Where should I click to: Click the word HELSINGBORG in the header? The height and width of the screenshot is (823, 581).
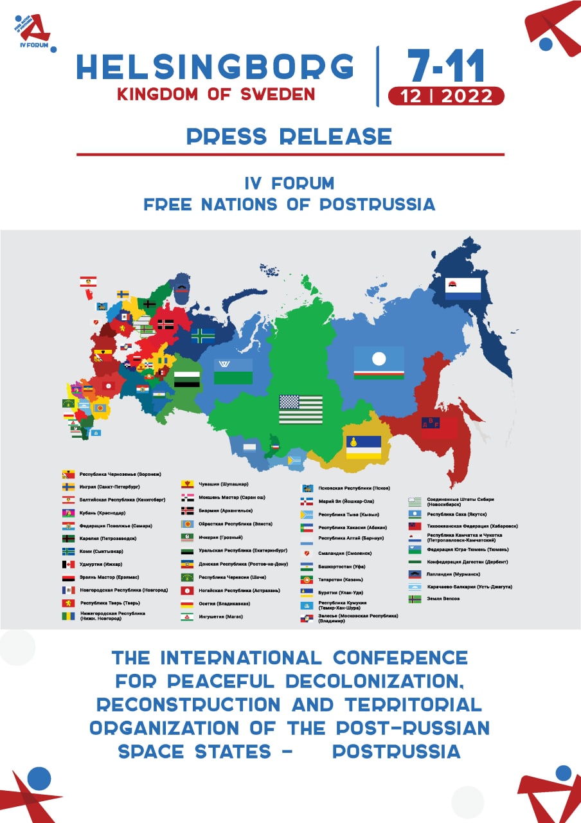(x=215, y=67)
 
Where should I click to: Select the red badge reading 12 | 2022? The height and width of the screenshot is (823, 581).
(x=446, y=96)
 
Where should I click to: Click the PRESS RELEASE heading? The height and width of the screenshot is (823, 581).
(x=289, y=136)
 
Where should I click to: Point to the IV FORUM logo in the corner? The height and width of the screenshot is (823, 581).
(x=33, y=32)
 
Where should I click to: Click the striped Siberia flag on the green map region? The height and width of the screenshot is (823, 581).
(x=301, y=410)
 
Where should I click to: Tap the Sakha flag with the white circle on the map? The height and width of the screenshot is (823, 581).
(x=379, y=363)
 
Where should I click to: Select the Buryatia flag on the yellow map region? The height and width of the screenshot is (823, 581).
(x=364, y=447)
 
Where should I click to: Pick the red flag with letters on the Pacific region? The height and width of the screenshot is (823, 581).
(x=439, y=428)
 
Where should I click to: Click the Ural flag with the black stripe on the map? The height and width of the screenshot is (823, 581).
(x=187, y=379)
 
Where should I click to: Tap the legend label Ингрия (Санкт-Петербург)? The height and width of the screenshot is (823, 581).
(x=110, y=487)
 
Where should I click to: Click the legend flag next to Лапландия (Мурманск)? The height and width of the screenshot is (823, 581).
(x=415, y=574)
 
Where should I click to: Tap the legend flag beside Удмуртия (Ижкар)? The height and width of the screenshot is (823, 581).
(x=68, y=564)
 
